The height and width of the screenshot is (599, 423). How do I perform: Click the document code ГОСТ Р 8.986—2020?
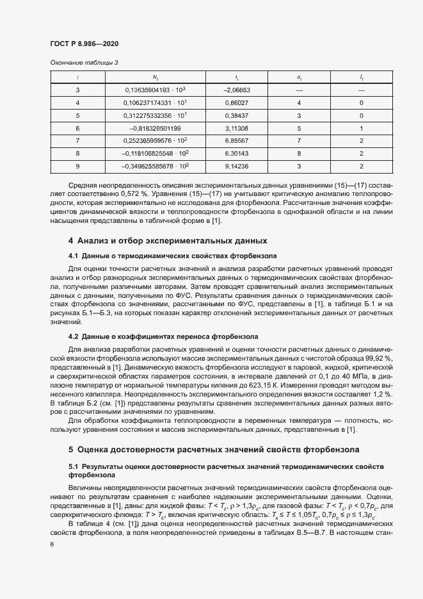(84, 44)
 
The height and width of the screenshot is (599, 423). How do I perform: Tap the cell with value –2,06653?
(236, 90)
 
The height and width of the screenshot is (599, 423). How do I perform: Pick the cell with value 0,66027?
(236, 103)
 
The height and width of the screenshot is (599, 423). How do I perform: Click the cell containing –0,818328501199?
(156, 128)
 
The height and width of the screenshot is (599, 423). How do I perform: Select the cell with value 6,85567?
(236, 141)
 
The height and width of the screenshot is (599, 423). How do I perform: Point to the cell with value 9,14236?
(236, 167)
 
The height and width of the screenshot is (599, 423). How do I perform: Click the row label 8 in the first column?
(77, 154)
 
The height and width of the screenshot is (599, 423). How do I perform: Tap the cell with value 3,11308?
(236, 128)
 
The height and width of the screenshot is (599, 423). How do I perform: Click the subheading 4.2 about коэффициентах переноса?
(163, 336)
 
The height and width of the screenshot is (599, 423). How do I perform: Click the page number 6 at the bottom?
(51, 544)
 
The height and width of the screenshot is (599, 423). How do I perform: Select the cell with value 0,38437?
(236, 115)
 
